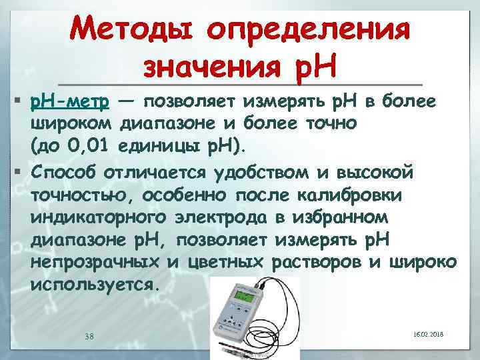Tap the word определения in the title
[304, 31]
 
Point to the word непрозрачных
[93, 262]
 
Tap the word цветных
[224, 262]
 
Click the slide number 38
[89, 335]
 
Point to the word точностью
[81, 197]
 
